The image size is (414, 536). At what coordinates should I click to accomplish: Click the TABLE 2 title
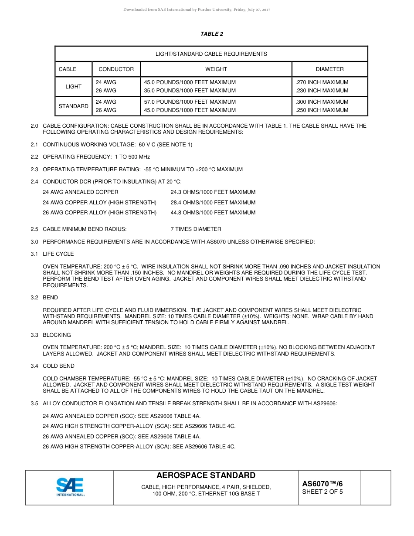pos(212,34)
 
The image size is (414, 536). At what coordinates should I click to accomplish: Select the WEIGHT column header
pos(216,69)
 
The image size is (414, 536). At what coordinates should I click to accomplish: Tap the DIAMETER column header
pos(329,69)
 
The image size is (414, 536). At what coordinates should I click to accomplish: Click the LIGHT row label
pos(73,87)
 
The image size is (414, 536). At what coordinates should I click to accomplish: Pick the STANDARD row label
pos(73,106)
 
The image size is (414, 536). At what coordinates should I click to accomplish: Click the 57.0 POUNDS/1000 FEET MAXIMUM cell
pos(190,102)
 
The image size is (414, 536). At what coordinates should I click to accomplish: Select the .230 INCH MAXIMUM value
pos(322,91)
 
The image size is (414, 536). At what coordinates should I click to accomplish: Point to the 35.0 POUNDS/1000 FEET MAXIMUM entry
pos(190,91)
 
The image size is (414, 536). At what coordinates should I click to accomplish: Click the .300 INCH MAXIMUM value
pos(322,102)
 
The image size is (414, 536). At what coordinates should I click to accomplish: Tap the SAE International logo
pos(70,487)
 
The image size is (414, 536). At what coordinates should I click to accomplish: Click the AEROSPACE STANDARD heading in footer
pos(206,475)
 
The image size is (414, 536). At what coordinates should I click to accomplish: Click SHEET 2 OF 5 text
pos(322,492)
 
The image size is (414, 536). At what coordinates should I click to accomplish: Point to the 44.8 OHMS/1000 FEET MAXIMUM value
pos(213,213)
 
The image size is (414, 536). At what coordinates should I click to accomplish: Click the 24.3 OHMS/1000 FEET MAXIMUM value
pos(213,192)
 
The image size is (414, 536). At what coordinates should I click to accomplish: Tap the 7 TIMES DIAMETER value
pos(196,229)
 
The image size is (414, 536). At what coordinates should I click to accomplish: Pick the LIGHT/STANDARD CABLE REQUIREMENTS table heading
pos(211,54)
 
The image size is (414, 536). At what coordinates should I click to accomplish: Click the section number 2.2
pos(34,157)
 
